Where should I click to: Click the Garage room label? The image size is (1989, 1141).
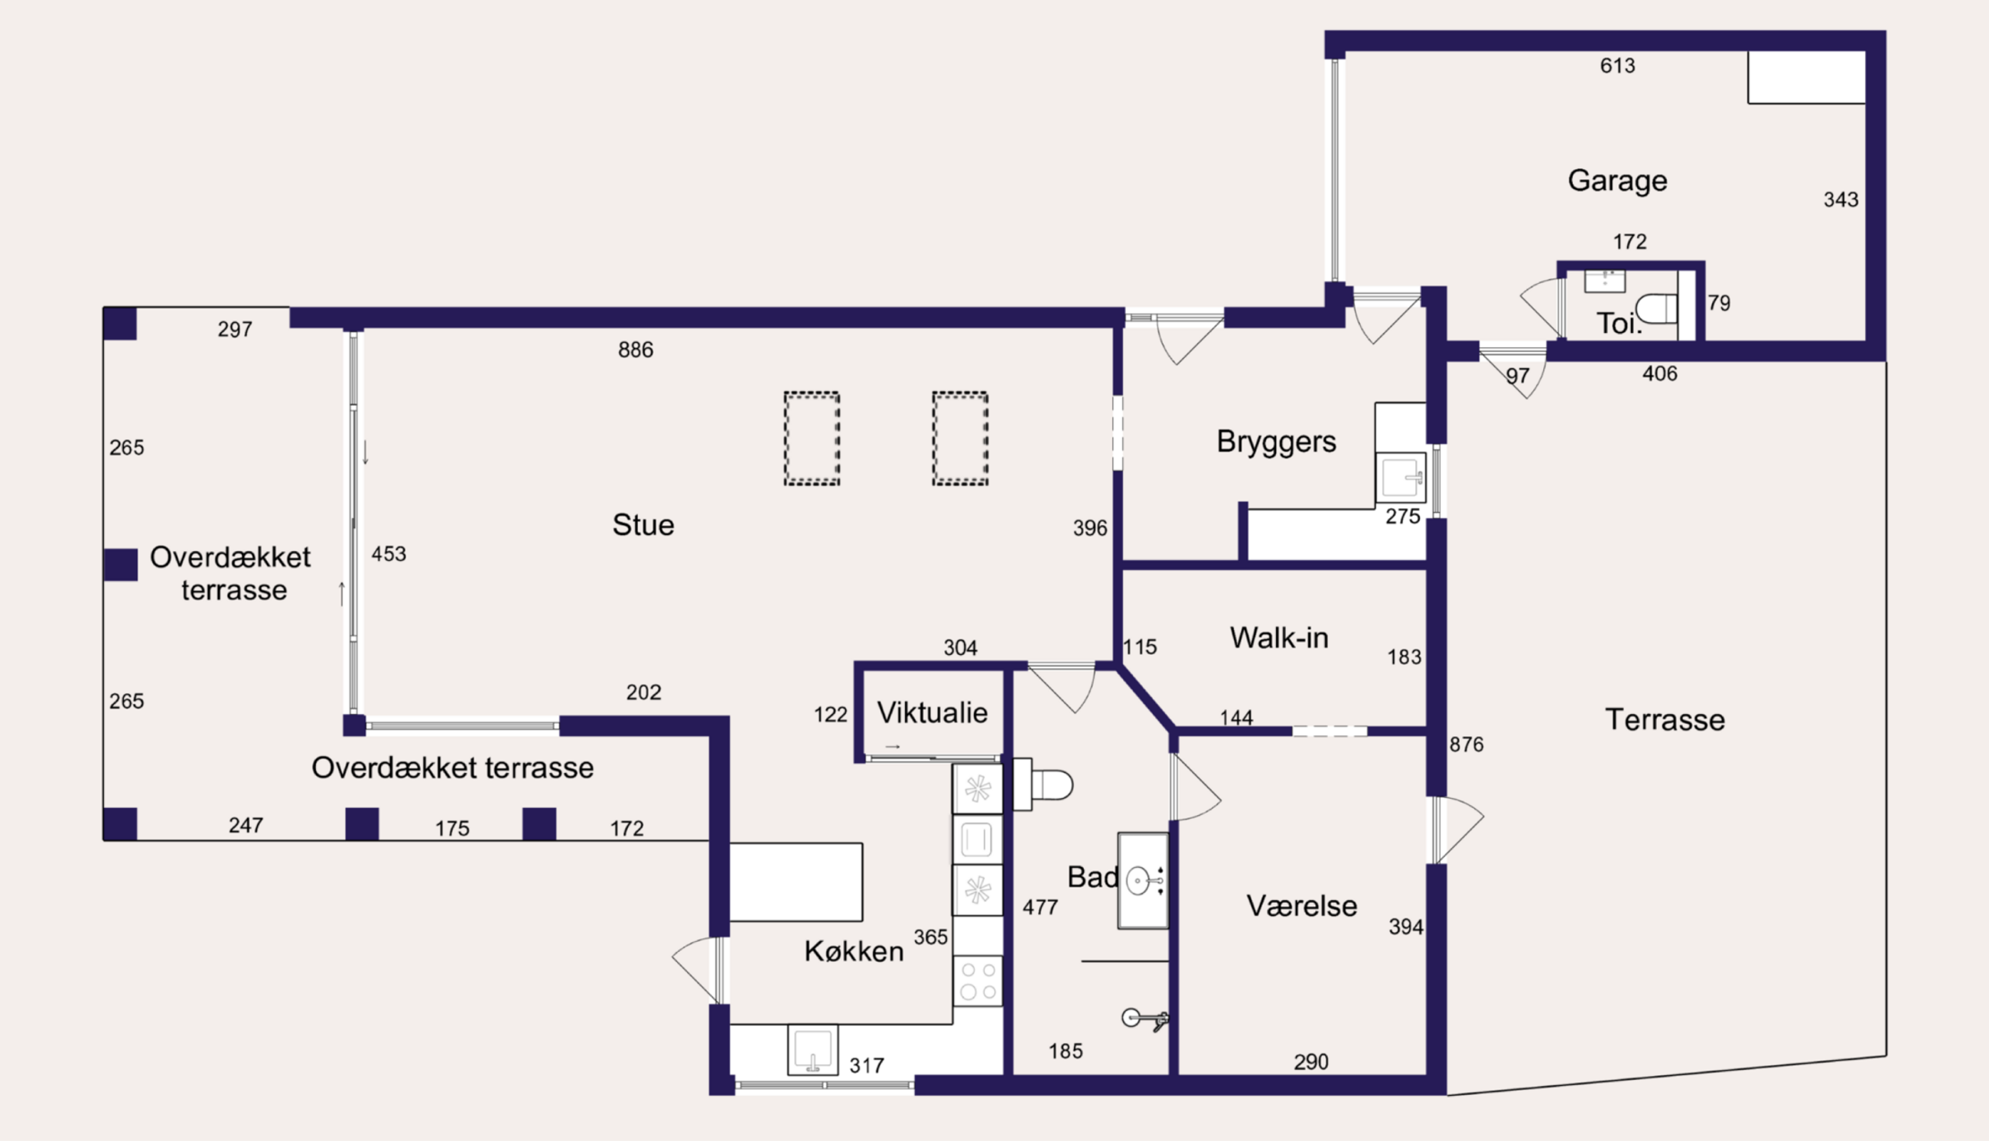[1617, 181]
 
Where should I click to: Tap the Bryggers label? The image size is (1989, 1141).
[1276, 442]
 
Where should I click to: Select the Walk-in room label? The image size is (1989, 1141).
[1279, 638]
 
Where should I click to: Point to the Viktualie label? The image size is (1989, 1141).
[933, 712]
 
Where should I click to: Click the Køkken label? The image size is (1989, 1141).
[854, 951]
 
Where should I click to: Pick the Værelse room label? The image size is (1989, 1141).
[1301, 906]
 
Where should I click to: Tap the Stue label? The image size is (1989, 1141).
[643, 525]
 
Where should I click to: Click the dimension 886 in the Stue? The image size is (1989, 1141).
[635, 350]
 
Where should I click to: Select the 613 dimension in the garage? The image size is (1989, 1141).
[1617, 66]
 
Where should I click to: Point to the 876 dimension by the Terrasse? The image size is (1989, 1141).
[1467, 745]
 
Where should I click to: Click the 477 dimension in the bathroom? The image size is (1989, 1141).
[1040, 908]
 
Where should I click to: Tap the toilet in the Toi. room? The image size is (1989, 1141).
[1657, 308]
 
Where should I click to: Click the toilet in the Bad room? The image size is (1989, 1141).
[1043, 784]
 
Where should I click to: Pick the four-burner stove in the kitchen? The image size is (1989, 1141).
[978, 980]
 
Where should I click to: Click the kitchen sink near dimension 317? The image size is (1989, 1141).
[812, 1050]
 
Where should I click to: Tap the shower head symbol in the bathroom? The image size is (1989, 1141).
[1144, 1019]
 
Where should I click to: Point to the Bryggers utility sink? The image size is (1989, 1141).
[1401, 478]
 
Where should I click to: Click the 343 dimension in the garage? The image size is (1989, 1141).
[1841, 200]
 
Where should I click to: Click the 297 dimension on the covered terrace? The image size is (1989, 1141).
[235, 329]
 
